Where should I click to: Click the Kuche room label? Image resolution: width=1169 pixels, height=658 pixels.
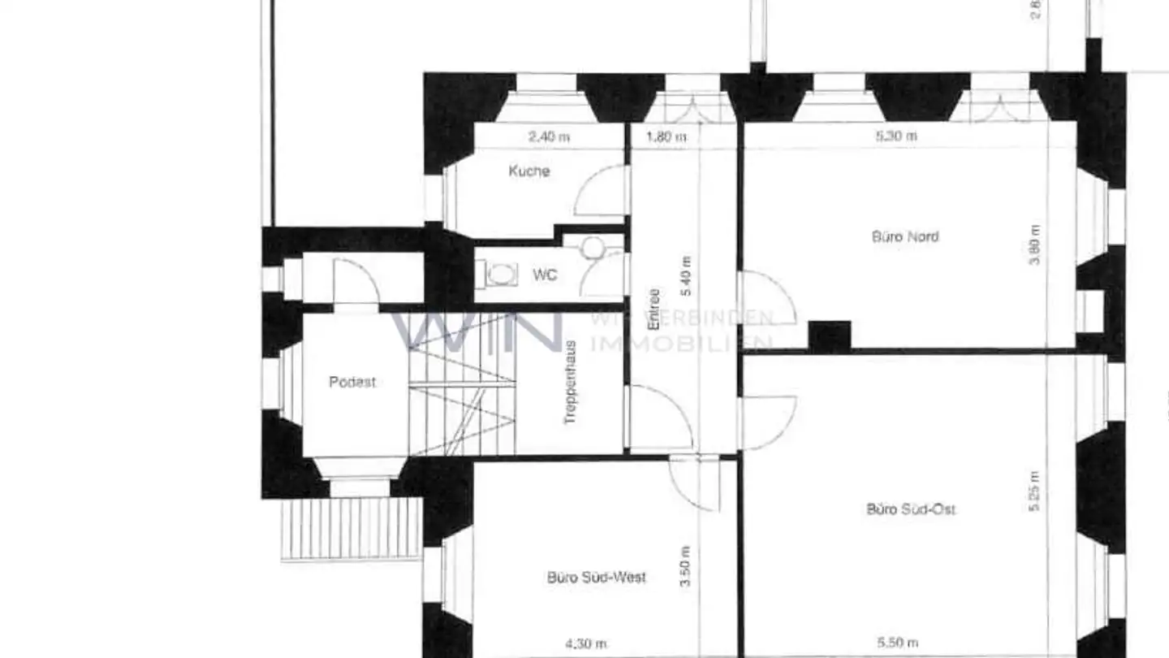pos(529,171)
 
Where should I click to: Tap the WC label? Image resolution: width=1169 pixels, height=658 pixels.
pos(545,275)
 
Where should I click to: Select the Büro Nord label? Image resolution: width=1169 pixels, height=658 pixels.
pos(905,237)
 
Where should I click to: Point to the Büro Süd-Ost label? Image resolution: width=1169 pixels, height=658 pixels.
pos(911,509)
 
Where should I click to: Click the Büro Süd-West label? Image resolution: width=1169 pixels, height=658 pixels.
pos(597,578)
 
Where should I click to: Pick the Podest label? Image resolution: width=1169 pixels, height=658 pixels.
pos(352,382)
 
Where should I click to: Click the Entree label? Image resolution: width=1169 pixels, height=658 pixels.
pos(654,310)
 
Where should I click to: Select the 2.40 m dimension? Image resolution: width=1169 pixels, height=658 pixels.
pos(549,136)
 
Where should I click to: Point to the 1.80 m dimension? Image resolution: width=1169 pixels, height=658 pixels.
pos(666,136)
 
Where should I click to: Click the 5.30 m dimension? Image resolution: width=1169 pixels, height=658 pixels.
pos(896,136)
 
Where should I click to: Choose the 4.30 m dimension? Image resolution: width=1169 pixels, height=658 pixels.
pos(585,644)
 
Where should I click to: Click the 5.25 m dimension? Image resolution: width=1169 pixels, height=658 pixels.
pos(1033,491)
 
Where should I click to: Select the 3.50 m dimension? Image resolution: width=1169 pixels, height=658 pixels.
pos(686,566)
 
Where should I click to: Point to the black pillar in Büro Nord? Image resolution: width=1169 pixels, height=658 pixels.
pos(829,335)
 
